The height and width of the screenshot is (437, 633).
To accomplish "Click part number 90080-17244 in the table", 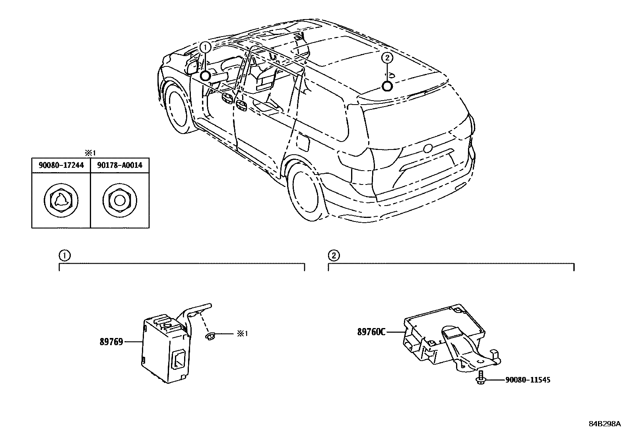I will [61, 165].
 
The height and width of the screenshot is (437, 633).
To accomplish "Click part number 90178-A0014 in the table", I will [120, 165].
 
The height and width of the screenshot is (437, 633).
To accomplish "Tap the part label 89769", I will [111, 342].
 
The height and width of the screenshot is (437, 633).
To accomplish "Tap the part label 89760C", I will [371, 332].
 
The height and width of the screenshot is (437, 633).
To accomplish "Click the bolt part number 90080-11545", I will [528, 380].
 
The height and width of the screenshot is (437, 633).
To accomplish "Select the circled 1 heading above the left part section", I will [64, 255].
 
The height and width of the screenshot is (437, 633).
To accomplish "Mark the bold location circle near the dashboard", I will [205, 76].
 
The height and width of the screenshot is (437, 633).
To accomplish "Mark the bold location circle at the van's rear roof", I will [387, 86].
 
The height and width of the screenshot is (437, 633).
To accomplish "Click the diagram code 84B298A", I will [604, 424].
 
